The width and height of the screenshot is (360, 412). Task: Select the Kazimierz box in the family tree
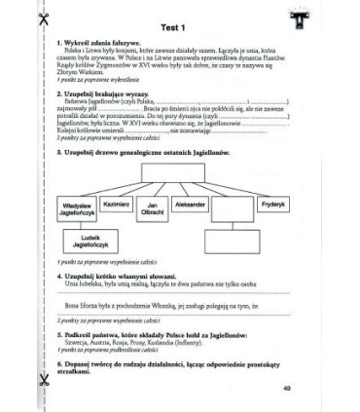(x=117, y=206)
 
